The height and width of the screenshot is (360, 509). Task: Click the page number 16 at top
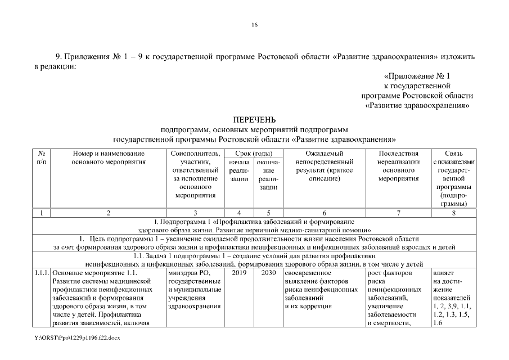[254, 25]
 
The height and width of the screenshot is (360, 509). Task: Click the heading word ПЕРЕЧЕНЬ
[254, 120]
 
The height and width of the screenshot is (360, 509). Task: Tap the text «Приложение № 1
[417, 75]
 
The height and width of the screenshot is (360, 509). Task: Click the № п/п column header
[42, 157]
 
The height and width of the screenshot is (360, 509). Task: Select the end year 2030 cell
[268, 273]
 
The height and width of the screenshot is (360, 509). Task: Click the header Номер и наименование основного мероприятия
[109, 157]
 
